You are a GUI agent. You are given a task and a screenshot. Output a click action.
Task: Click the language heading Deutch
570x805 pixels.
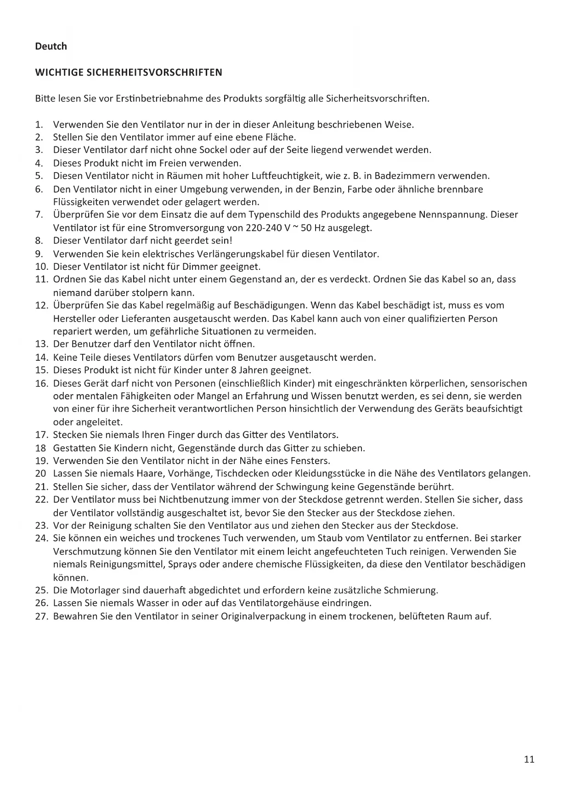(x=51, y=46)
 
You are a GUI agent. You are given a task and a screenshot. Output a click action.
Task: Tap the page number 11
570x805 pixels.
(x=529, y=759)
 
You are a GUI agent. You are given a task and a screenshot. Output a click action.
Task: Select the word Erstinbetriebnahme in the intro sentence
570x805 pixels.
(x=159, y=99)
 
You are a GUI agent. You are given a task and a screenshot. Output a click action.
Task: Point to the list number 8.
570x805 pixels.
(x=39, y=240)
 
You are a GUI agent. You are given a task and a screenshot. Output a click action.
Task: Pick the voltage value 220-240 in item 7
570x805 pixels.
(x=261, y=228)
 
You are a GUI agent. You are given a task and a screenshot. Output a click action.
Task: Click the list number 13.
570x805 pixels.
(x=41, y=344)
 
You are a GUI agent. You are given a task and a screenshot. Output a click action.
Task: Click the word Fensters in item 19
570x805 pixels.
(x=312, y=460)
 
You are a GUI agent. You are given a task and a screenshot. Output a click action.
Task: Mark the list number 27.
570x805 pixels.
(x=41, y=616)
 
